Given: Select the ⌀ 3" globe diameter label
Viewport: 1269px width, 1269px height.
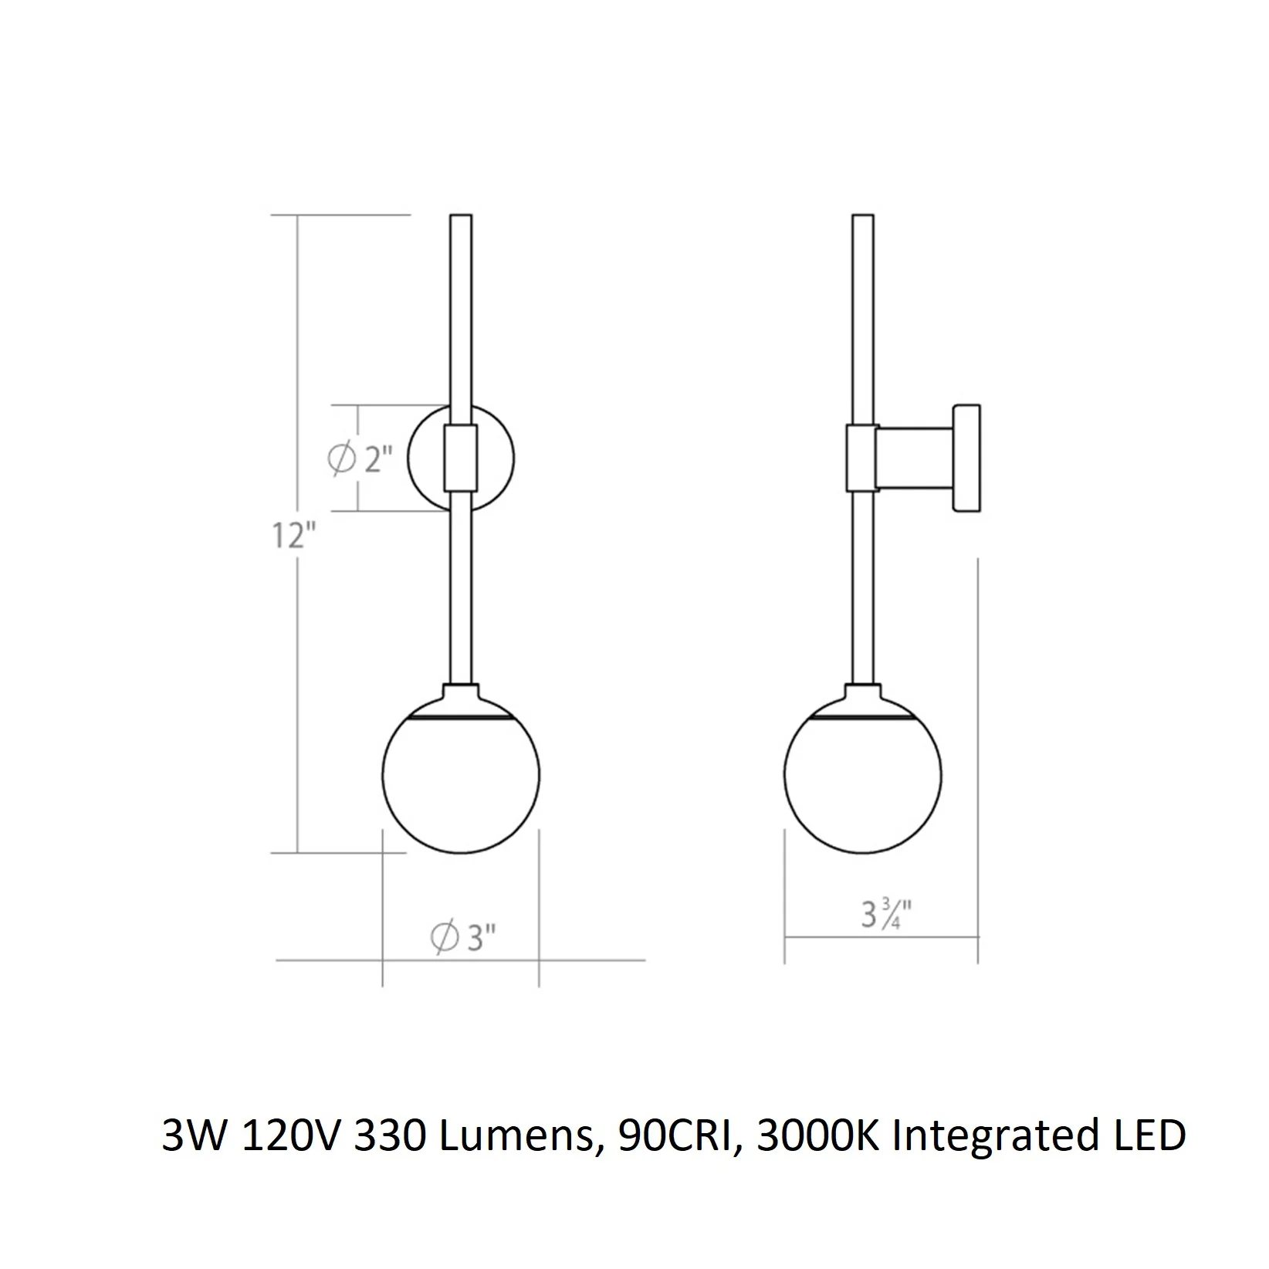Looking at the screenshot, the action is [x=462, y=938].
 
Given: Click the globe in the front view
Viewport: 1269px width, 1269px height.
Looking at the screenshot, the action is [x=462, y=775].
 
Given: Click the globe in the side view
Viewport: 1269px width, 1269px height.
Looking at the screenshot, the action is [x=863, y=775].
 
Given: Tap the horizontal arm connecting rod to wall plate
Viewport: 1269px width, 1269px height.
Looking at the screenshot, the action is [x=915, y=459].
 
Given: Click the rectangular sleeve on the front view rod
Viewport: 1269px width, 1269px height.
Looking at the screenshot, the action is [x=462, y=457].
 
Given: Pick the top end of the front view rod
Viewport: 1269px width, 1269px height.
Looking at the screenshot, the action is [x=461, y=215].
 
